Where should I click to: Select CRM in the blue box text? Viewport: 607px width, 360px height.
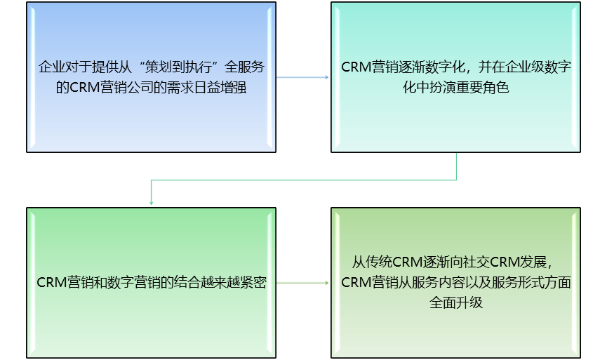pos(86,88)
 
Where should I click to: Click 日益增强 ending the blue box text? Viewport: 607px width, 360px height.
pos(221,88)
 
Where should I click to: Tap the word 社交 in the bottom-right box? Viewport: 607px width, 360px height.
pos(476,263)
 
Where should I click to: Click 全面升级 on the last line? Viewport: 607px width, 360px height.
pos(455,303)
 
